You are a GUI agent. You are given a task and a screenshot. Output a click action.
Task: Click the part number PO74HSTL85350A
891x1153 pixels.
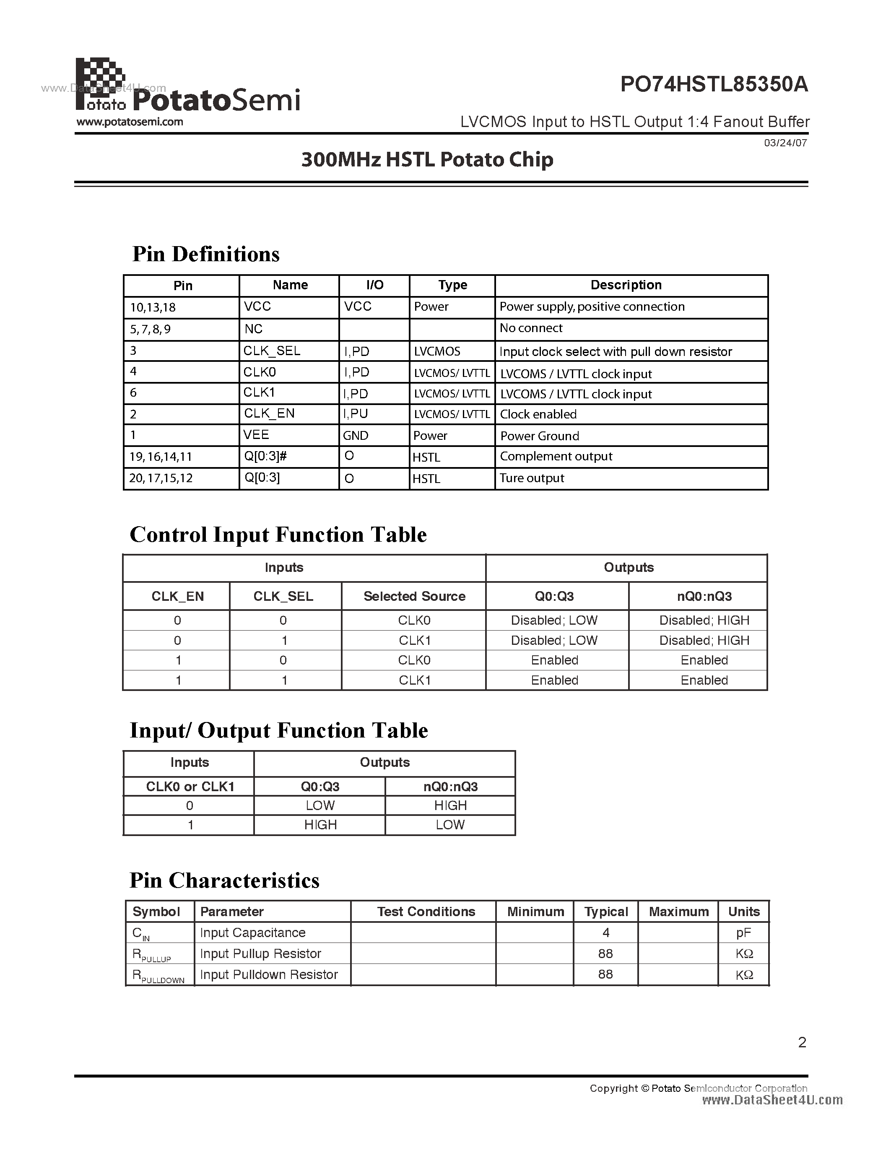[714, 84]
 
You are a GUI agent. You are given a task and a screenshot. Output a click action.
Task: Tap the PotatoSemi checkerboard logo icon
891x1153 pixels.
[101, 82]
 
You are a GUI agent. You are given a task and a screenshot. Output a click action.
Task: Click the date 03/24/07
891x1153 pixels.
[785, 143]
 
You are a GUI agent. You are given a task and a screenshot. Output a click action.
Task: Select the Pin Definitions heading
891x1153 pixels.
[206, 254]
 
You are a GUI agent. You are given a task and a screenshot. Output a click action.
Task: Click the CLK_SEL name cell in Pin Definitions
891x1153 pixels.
[271, 351]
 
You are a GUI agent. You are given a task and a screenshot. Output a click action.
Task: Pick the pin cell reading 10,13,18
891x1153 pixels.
[153, 307]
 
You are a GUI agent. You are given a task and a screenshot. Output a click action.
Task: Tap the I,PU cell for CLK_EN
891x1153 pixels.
[355, 414]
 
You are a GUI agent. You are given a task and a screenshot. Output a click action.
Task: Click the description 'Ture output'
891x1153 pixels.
[532, 478]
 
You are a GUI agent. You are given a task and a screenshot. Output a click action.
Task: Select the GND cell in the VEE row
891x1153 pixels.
[355, 436]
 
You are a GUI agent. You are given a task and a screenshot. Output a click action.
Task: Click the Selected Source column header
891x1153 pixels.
[414, 596]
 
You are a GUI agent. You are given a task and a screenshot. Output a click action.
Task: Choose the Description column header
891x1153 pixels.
[626, 285]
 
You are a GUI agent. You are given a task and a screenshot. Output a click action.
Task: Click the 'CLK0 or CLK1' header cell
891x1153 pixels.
[190, 787]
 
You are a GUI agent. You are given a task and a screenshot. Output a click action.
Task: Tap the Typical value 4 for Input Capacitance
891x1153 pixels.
[605, 933]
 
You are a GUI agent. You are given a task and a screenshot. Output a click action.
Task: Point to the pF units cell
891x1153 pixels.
[743, 933]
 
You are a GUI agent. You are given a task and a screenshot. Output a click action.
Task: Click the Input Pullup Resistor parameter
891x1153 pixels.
[260, 953]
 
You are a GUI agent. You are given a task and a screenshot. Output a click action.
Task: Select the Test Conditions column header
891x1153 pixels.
[426, 912]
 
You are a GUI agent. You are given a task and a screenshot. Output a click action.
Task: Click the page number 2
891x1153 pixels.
[802, 1042]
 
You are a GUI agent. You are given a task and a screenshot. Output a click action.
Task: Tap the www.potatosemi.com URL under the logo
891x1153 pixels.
[130, 122]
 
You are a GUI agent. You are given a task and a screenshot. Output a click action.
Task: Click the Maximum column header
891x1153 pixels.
[678, 912]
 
